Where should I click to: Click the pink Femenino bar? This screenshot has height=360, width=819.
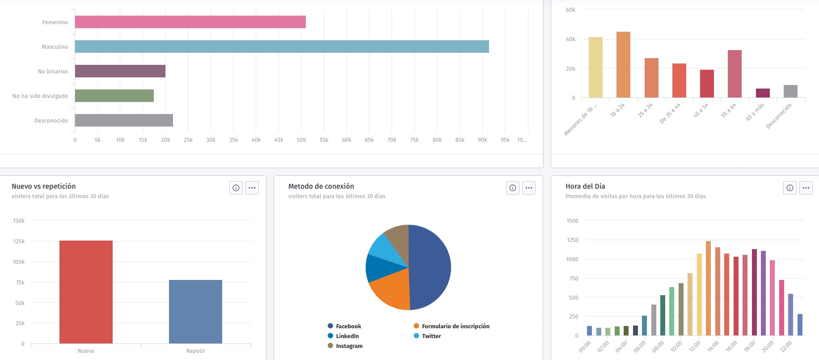(x=190, y=22)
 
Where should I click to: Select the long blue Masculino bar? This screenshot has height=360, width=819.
(x=282, y=47)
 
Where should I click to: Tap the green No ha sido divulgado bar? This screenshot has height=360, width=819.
(x=114, y=96)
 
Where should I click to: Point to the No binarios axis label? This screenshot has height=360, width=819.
(x=53, y=72)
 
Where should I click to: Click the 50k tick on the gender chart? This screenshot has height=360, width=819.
(x=301, y=140)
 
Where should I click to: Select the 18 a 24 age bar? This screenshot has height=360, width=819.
(x=623, y=65)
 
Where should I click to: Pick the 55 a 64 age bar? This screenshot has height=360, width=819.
(x=735, y=74)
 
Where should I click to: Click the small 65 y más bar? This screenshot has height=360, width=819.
(x=763, y=93)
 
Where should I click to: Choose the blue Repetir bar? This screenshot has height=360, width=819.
(x=195, y=312)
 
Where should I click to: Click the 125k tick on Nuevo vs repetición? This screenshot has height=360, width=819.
(x=19, y=241)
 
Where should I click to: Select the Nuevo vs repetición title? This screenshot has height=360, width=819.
(x=43, y=186)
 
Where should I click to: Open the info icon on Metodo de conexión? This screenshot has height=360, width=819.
(x=513, y=188)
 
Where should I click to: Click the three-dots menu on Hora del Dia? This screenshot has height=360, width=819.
(x=806, y=188)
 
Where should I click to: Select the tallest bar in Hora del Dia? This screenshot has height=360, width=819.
(x=708, y=288)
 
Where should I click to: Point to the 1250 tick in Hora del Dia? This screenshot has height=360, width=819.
(x=572, y=240)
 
